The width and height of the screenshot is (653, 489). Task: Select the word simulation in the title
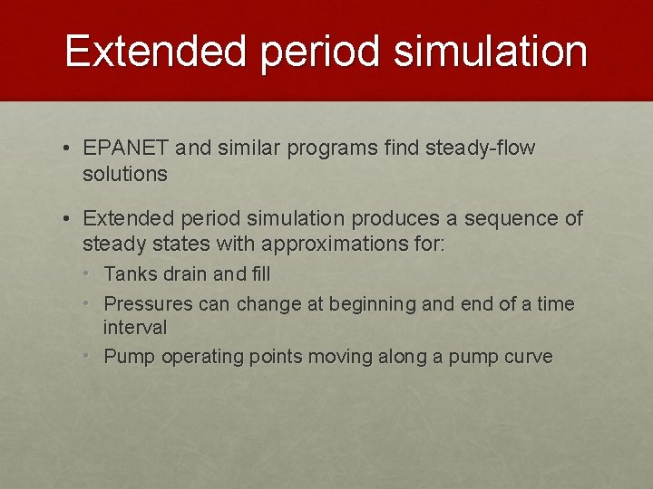point(490,52)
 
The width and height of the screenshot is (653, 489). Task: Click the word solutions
point(125,174)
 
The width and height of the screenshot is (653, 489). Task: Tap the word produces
point(388,218)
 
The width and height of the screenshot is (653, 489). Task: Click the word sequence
point(497,218)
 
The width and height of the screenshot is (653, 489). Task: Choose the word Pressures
point(148,304)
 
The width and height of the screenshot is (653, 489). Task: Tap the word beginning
point(372,304)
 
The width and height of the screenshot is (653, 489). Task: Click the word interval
point(135,327)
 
